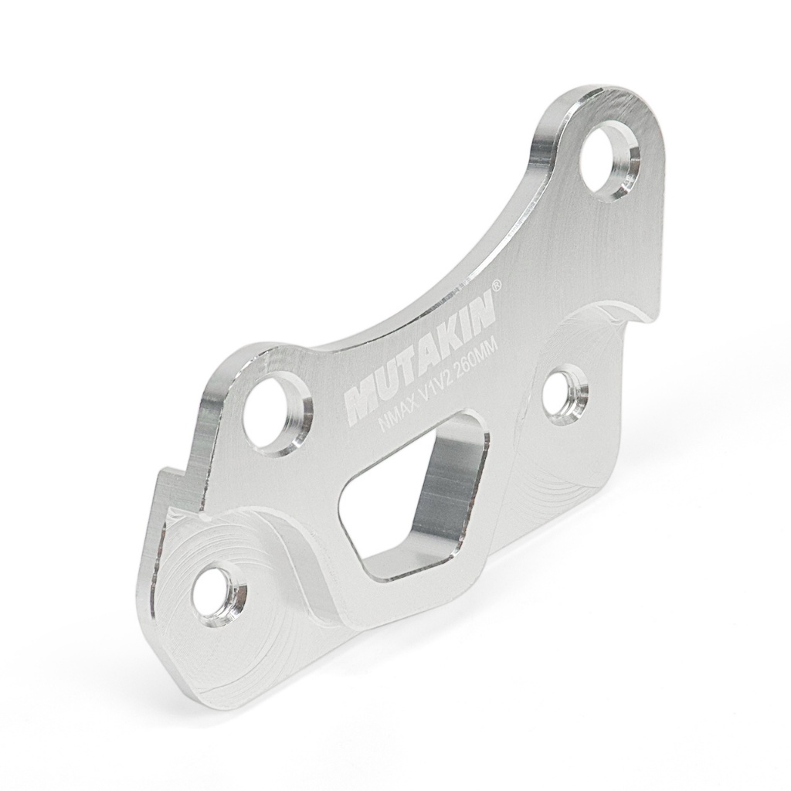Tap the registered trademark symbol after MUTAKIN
(497, 286)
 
